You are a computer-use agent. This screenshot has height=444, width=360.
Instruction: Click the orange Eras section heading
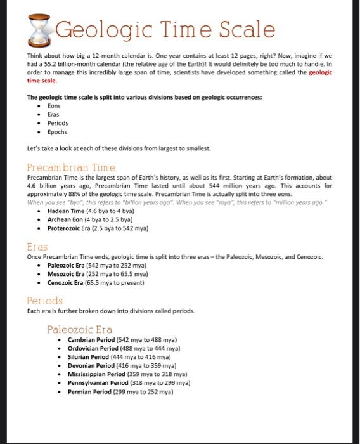(x=37, y=247)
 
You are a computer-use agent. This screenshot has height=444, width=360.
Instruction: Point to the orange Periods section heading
(x=44, y=301)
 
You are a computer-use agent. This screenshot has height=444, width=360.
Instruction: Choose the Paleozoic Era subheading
(x=79, y=329)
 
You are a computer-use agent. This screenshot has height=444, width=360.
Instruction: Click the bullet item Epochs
(x=58, y=132)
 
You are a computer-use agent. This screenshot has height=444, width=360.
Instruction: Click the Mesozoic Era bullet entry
(x=98, y=274)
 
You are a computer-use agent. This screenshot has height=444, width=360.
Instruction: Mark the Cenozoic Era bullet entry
(x=96, y=282)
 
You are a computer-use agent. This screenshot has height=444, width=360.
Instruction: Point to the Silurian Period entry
(x=115, y=357)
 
